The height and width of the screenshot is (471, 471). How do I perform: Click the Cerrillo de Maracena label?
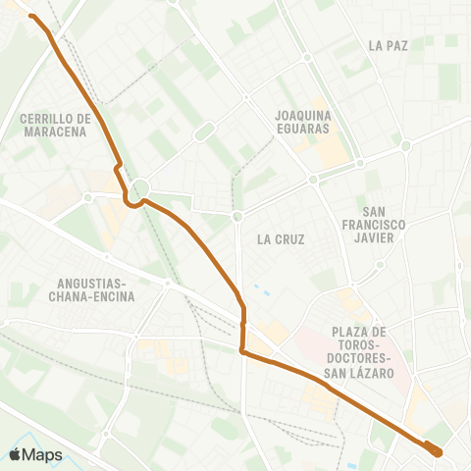[55, 125]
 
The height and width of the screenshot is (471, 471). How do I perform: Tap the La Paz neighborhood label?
[389, 45]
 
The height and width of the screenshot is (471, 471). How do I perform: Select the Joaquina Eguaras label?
[302, 120]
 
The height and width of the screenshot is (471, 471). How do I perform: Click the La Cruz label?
[281, 238]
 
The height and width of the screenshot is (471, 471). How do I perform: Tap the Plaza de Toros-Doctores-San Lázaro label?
[362, 352]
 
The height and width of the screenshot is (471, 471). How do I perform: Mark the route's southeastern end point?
[436, 451]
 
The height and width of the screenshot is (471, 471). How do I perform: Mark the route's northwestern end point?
[31, 16]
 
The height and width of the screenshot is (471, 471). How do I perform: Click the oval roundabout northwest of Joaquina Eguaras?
[203, 131]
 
